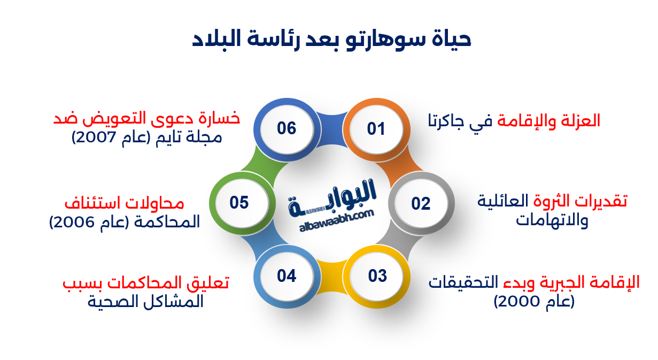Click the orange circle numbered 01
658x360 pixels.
(376, 129)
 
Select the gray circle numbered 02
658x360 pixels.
(421, 203)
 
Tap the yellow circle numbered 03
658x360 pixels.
(377, 276)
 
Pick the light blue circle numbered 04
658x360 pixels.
(287, 276)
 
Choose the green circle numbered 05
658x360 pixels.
(239, 203)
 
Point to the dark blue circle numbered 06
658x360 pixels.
(287, 129)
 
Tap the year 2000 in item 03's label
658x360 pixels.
(516, 302)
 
